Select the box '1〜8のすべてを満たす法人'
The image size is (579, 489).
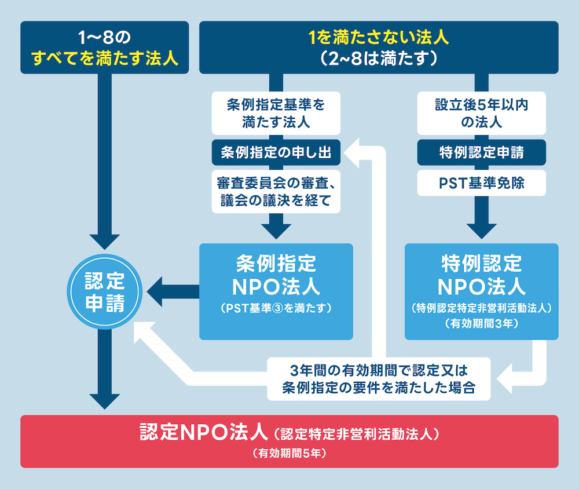coord(105,48)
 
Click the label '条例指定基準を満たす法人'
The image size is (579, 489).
coord(276,112)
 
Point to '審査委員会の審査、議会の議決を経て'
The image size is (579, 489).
coord(276,192)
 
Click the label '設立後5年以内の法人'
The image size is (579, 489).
coord(481,112)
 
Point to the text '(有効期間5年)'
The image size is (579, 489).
coord(289,454)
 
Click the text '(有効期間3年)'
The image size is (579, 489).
coord(481,324)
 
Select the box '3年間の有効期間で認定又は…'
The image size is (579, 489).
coord(379,379)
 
